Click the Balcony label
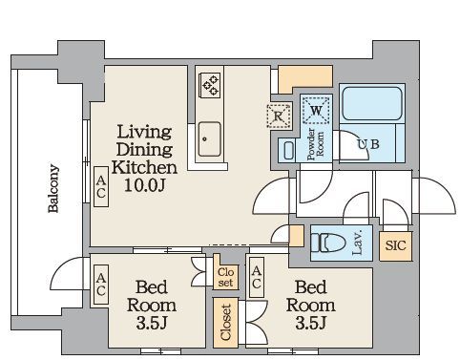tap(53, 188)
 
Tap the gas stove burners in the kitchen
tap(210, 85)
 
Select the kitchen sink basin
tap(209, 139)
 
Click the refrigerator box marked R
tap(280, 116)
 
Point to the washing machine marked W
tap(316, 111)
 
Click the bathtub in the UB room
tap(371, 103)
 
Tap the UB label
tap(368, 144)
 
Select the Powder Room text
tap(316, 143)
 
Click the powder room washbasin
tap(288, 150)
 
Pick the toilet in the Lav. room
tap(328, 243)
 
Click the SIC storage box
tap(396, 245)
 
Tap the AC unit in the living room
tap(101, 186)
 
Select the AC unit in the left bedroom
tap(101, 285)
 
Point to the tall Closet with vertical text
tap(225, 323)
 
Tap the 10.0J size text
tap(145, 185)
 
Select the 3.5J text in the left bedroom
tap(152, 323)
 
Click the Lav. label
tap(358, 243)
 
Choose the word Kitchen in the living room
tap(145, 167)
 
